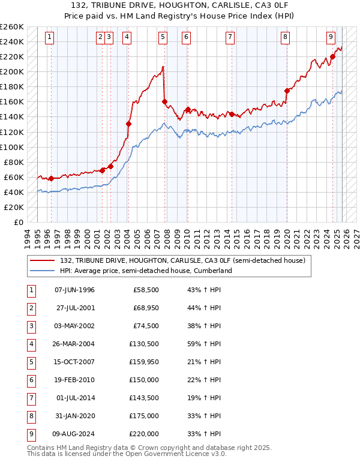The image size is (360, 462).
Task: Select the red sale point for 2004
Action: [128, 124]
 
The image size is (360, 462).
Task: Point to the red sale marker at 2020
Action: [287, 91]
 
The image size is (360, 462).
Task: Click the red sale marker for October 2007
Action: [164, 101]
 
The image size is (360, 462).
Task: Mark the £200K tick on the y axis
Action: [12, 71]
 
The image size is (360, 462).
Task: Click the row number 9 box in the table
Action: [31, 434]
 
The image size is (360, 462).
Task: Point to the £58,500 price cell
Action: [146, 290]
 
